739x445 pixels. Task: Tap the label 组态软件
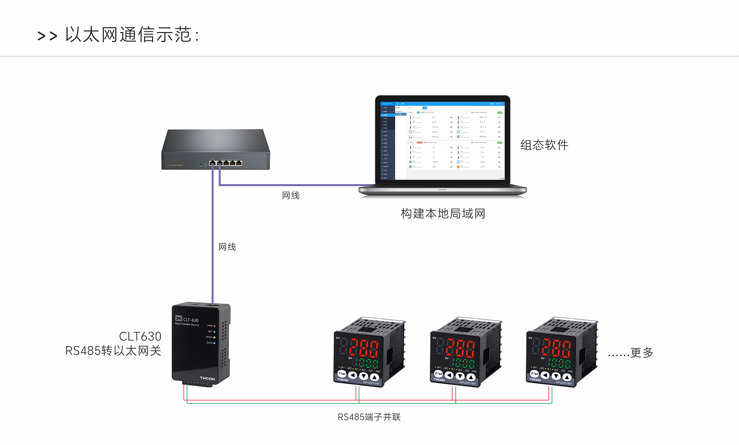pyautogui.click(x=544, y=145)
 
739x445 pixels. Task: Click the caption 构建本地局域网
pyautogui.click(x=443, y=213)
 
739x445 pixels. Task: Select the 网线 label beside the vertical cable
pyautogui.click(x=227, y=247)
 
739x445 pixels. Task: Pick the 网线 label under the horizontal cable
pyautogui.click(x=291, y=195)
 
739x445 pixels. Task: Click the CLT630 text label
pyautogui.click(x=140, y=336)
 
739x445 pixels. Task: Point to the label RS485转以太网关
pyautogui.click(x=113, y=351)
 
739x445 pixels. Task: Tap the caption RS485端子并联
pyautogui.click(x=369, y=417)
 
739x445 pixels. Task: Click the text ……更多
pyautogui.click(x=631, y=353)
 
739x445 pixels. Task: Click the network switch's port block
pyautogui.click(x=226, y=163)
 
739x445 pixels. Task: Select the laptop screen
pyautogui.click(x=443, y=141)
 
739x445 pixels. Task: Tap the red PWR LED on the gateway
pyautogui.click(x=214, y=326)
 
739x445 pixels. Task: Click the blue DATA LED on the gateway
pyautogui.click(x=214, y=343)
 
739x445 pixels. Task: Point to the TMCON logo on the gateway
pyautogui.click(x=207, y=378)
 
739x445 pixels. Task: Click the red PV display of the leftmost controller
pyautogui.click(x=364, y=348)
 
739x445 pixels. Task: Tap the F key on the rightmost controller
pyautogui.click(x=535, y=374)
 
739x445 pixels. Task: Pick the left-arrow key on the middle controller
pyautogui.click(x=449, y=375)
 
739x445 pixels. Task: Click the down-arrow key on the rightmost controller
pyautogui.click(x=556, y=376)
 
